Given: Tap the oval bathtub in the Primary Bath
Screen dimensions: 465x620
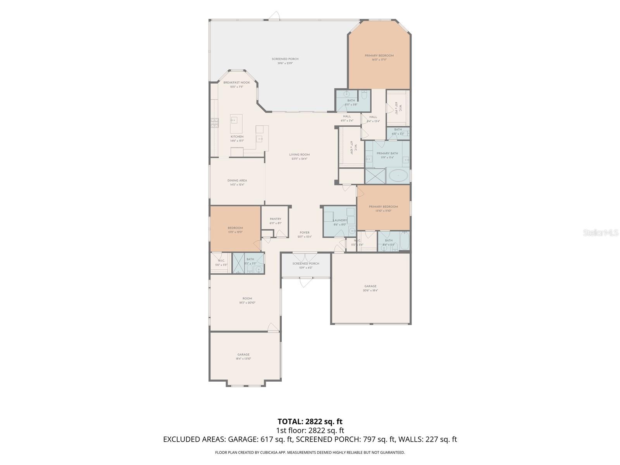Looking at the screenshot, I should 398,176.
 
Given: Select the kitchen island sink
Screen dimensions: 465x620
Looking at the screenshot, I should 234,121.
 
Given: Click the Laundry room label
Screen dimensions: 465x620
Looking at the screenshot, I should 340,220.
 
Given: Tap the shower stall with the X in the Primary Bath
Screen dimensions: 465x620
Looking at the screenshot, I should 375,176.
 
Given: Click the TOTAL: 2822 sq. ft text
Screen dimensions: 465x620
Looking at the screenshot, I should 310,421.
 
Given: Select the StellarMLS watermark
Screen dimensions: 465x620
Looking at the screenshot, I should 600,232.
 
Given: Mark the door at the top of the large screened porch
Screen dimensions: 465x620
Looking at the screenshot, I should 274,16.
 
